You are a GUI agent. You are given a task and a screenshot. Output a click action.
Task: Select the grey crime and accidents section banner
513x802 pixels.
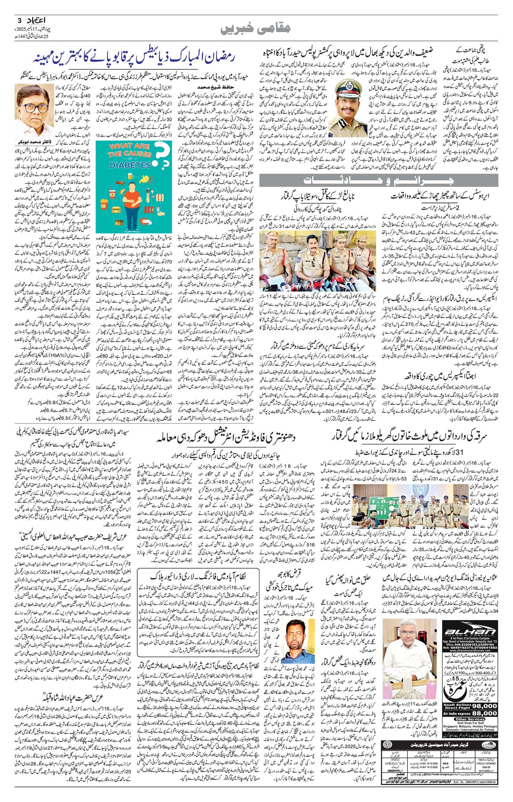coord(379,181)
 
